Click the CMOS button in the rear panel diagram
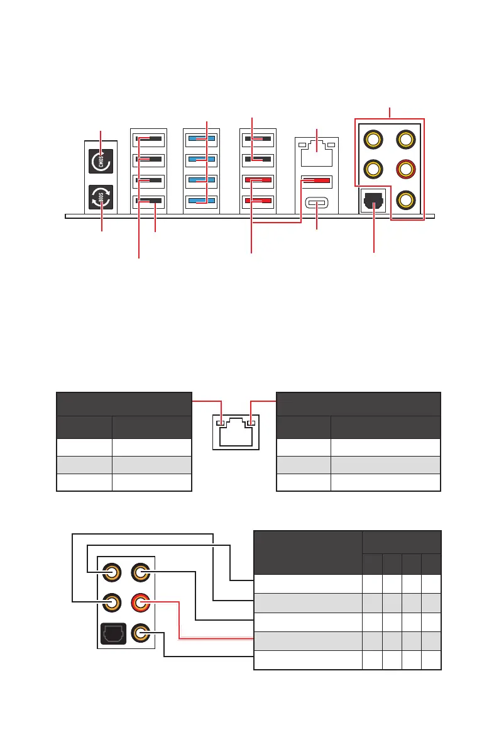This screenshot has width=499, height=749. pos(101,160)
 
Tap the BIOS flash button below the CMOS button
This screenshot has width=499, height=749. pos(101,196)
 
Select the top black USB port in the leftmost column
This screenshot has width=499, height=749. pos(148,139)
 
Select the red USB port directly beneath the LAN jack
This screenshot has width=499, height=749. pos(317,182)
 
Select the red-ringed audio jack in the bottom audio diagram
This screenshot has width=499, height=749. pos(140,604)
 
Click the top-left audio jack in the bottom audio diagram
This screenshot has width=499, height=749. pos(113,572)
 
